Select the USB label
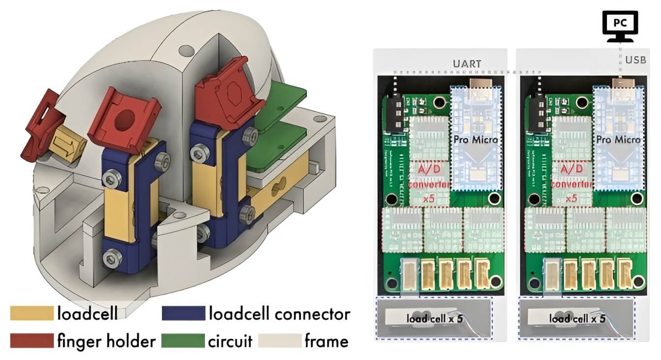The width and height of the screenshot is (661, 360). click(635, 60)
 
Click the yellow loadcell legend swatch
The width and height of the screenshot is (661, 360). click(31, 313)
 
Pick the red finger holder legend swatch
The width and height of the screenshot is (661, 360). click(31, 340)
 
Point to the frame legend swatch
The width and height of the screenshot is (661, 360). click(280, 340)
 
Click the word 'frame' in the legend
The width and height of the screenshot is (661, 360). click(327, 340)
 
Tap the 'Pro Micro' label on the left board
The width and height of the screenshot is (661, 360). click(475, 140)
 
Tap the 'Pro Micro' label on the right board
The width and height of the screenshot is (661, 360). click(618, 140)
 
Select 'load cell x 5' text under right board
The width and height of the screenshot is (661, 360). click(576, 319)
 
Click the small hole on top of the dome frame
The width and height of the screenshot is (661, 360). click(186, 50)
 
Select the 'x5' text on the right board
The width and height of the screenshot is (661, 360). click(571, 199)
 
